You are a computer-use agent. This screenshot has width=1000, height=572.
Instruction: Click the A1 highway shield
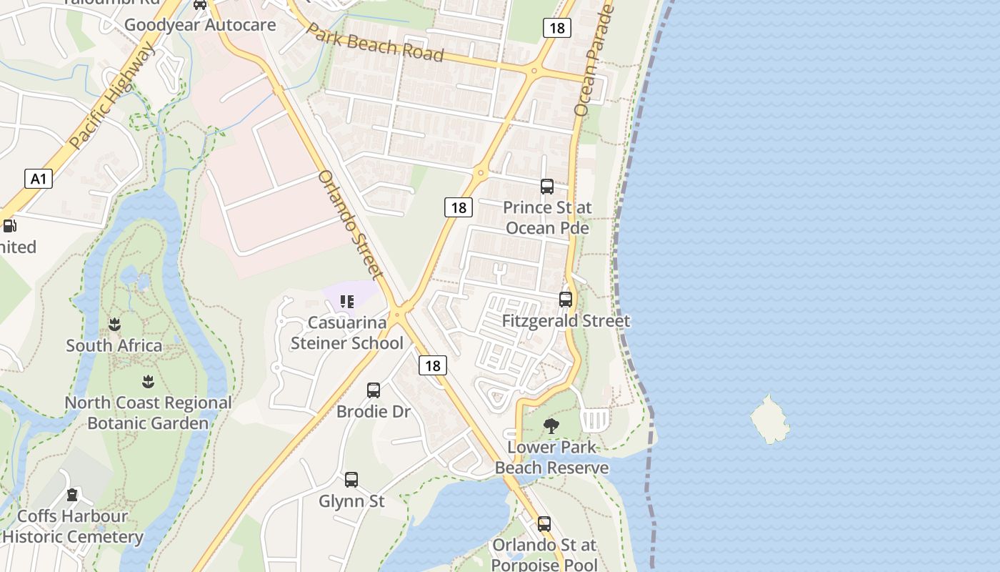39,178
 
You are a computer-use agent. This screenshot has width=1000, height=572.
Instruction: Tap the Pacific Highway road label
113,96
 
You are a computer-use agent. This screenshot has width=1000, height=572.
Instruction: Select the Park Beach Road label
376,44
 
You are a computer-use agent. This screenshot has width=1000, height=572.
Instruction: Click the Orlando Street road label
350,222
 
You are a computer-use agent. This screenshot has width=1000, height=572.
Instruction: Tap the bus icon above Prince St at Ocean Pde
547,187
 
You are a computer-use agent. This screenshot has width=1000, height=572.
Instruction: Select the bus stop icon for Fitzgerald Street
566,300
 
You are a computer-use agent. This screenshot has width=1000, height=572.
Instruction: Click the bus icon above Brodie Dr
374,390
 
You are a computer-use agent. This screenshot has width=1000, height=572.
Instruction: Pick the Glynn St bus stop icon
351,480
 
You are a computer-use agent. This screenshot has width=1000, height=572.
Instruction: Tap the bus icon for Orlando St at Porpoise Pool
544,524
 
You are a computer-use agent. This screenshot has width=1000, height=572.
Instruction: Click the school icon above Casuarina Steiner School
347,302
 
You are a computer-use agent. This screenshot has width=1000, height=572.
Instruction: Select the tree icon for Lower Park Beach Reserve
551,427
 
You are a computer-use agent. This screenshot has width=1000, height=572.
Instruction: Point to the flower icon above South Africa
114,325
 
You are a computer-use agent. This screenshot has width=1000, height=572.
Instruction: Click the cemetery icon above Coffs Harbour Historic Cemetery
72,495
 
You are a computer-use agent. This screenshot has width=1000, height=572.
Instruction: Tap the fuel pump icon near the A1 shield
10,226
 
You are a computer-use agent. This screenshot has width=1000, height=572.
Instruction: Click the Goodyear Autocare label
200,26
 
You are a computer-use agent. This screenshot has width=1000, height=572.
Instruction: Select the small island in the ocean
770,419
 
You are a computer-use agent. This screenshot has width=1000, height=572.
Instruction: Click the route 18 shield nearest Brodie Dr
432,365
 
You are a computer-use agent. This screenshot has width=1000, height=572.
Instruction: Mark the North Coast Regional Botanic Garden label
148,413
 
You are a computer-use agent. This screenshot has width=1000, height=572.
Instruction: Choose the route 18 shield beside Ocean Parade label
556,28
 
